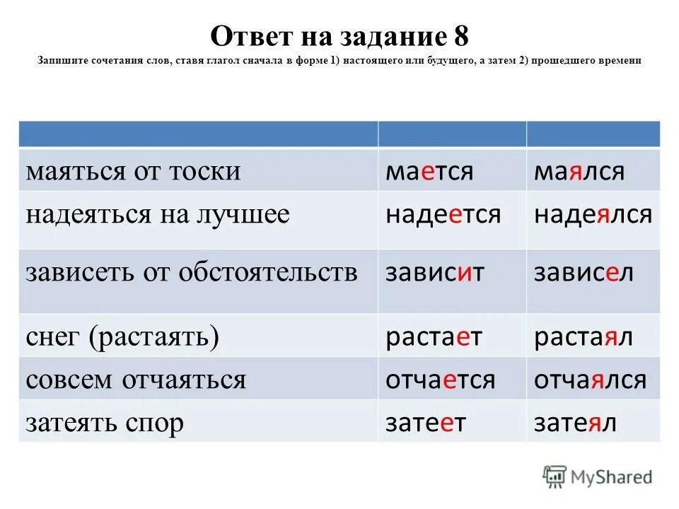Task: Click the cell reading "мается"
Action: coord(429,171)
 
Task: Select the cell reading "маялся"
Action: coord(579,171)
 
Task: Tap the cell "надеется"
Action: coord(443,214)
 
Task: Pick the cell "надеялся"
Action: coord(593,214)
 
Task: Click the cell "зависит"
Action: coord(435,273)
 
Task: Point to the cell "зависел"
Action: coord(584,273)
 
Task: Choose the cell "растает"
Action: coord(434,337)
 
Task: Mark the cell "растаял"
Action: coord(584,337)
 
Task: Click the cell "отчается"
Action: coord(440,380)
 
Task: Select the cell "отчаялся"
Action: coord(590,380)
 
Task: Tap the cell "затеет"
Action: coord(426,422)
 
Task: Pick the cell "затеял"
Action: coord(575,422)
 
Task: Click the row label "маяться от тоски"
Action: coord(134,171)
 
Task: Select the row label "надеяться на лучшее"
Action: coord(158,214)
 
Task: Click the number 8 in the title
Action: coord(458,35)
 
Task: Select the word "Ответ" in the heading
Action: coord(247,35)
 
